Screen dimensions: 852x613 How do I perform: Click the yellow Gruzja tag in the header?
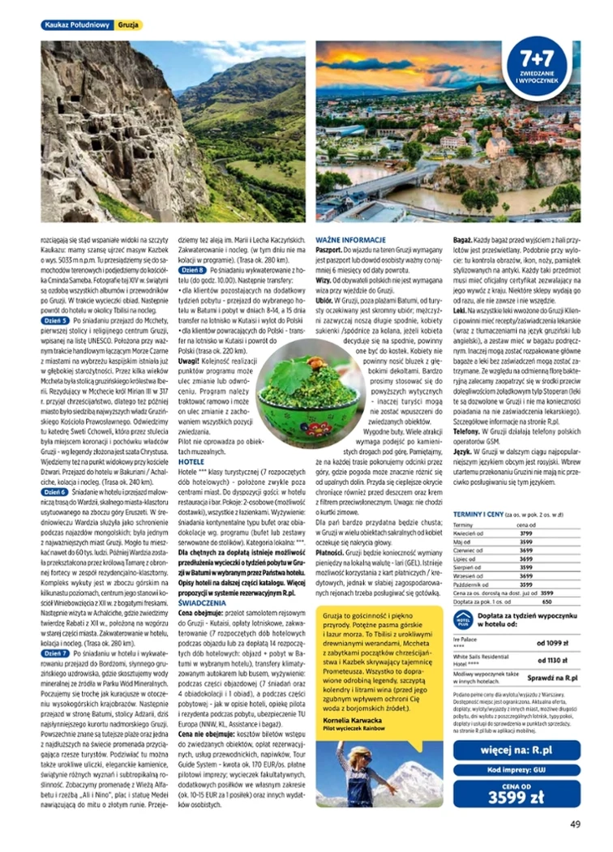[x=128, y=25]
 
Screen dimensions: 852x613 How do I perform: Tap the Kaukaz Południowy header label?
[x=76, y=25]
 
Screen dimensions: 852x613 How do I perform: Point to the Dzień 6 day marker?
[x=54, y=491]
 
